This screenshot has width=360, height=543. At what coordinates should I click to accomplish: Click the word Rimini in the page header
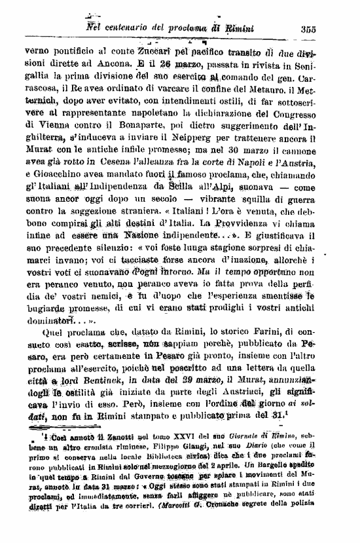[x=240, y=28]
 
